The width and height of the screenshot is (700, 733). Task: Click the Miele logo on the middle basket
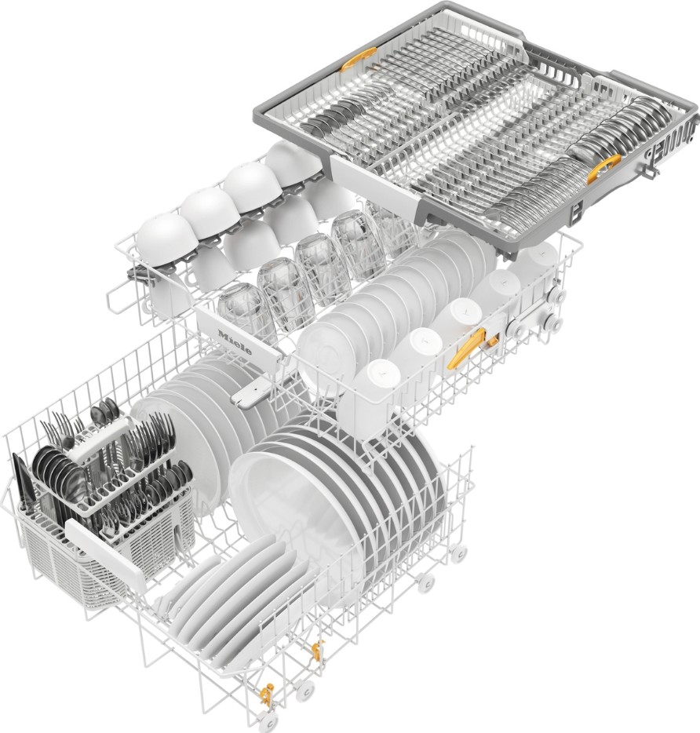pyautogui.click(x=235, y=341)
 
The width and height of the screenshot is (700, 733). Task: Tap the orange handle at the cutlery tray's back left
pyautogui.click(x=358, y=60)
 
